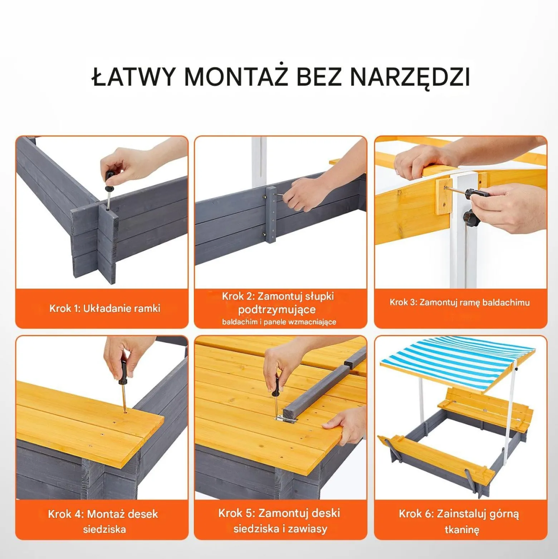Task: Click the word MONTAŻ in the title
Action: pyautogui.click(x=236, y=76)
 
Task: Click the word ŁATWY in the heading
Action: pyautogui.click(x=134, y=76)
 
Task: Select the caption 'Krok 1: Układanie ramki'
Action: pyautogui.click(x=105, y=308)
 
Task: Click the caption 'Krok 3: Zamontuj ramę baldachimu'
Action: pyautogui.click(x=460, y=303)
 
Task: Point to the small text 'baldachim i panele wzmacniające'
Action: pyautogui.click(x=279, y=322)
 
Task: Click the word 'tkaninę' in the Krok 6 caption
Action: pyautogui.click(x=462, y=530)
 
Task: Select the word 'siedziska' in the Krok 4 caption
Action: pyautogui.click(x=104, y=529)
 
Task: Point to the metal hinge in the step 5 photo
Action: pyautogui.click(x=285, y=419)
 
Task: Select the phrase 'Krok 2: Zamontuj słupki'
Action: pyautogui.click(x=278, y=297)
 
